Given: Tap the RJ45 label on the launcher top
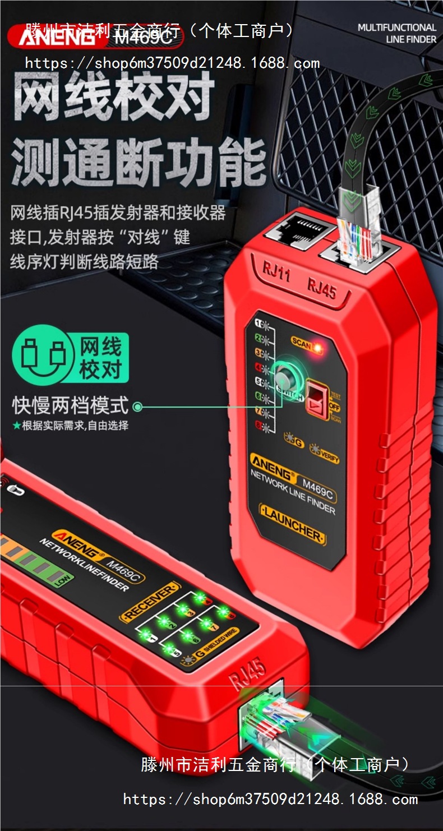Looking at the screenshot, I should click(321, 289).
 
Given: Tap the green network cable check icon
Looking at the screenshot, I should click(71, 357).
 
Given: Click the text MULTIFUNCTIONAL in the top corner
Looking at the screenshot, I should click(396, 27).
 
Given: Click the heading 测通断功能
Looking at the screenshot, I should click(138, 163).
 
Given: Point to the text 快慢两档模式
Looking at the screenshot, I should click(71, 405).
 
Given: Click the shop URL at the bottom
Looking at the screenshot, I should click(270, 799).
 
